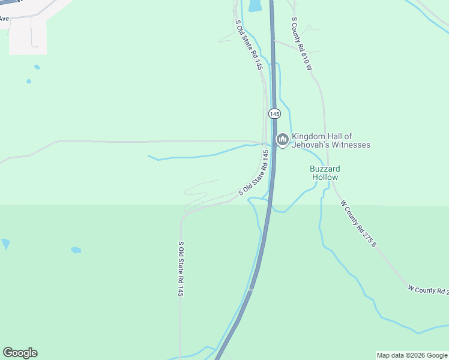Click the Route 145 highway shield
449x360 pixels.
274,113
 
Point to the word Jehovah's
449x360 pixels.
313,145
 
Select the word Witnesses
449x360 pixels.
352,145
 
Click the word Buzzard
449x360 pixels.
325,169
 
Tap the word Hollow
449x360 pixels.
325,177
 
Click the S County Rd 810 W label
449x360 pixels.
302,43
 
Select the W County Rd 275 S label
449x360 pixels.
358,223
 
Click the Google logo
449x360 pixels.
20,353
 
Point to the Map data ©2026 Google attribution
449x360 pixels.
411,355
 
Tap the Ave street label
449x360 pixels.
4,19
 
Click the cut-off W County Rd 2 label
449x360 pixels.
428,290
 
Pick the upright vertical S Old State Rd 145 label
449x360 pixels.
180,269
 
